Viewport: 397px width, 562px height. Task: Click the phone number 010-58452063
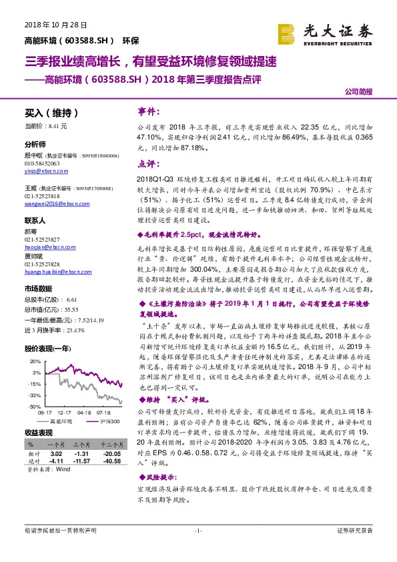click(x=41, y=163)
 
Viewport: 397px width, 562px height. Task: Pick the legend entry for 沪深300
click(x=109, y=421)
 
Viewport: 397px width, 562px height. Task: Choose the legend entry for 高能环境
click(x=64, y=421)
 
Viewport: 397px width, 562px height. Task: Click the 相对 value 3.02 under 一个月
click(x=56, y=453)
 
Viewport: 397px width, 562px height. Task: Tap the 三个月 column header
click(x=81, y=443)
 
